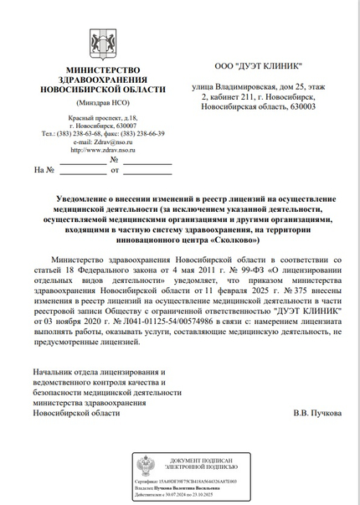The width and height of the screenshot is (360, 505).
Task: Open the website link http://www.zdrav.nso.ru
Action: coord(102,150)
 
